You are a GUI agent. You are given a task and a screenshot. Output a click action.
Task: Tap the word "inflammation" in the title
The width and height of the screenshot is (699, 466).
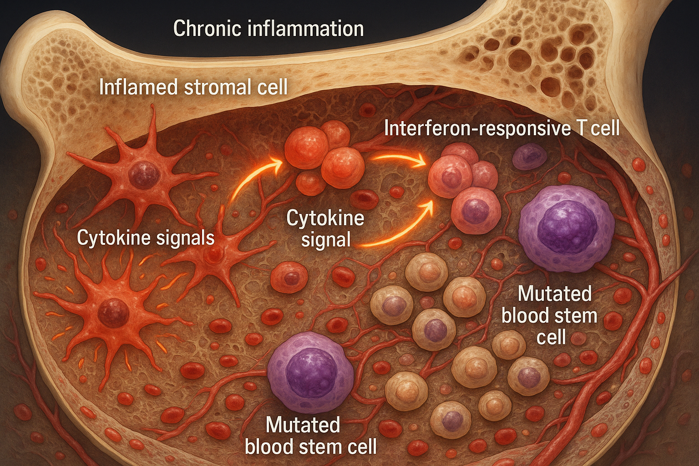(306, 29)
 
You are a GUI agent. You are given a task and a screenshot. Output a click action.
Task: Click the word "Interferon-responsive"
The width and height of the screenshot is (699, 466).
(476, 128)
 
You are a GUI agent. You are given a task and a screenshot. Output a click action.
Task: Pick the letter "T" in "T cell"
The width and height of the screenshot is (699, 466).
(580, 128)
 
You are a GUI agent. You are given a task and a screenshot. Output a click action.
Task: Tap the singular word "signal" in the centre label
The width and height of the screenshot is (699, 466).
(326, 239)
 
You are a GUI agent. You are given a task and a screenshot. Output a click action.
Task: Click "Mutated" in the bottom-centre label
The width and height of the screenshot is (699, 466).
(303, 425)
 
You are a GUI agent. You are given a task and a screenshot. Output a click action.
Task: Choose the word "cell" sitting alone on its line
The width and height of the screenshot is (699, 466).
(551, 337)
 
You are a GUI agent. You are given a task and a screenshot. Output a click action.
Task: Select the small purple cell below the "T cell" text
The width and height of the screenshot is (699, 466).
(529, 157)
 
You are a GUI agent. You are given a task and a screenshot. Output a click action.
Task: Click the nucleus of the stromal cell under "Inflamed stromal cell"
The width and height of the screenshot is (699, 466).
(144, 176)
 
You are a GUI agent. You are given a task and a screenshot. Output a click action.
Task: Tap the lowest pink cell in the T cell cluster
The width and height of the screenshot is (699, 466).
(476, 211)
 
